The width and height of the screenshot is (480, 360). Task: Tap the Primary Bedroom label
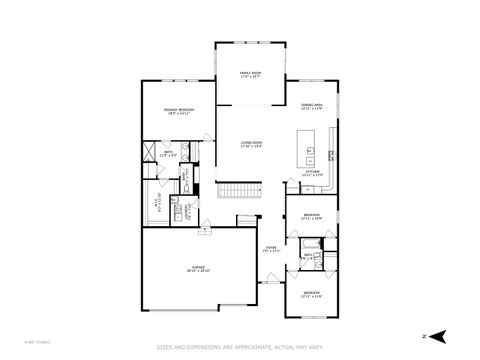point(179,111)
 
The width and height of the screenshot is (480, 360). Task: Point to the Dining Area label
point(311,106)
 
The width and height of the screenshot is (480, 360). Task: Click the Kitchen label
point(312,174)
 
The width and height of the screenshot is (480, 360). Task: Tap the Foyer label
point(271,249)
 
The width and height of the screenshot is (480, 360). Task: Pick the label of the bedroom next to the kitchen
point(312,216)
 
